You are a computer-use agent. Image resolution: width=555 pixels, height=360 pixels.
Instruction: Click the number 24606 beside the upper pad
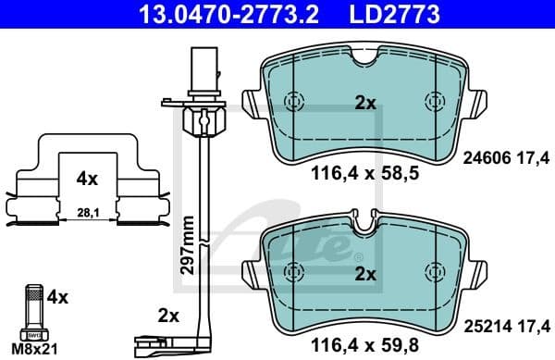point(482,158)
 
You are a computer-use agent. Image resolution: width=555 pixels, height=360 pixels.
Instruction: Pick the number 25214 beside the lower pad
point(482,327)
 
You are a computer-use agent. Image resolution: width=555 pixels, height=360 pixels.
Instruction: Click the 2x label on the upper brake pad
point(365,104)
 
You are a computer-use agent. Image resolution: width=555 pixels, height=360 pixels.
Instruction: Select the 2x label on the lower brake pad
point(365,274)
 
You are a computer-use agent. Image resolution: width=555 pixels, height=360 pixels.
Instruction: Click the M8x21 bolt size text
point(34,348)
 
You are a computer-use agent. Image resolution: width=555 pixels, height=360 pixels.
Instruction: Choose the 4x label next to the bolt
point(57,297)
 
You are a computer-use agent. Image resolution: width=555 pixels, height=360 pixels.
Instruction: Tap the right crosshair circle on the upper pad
point(433,102)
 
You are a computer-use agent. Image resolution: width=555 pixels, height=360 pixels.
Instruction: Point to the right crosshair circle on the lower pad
point(433,271)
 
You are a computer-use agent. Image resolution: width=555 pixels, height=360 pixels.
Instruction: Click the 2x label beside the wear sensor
point(167,316)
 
